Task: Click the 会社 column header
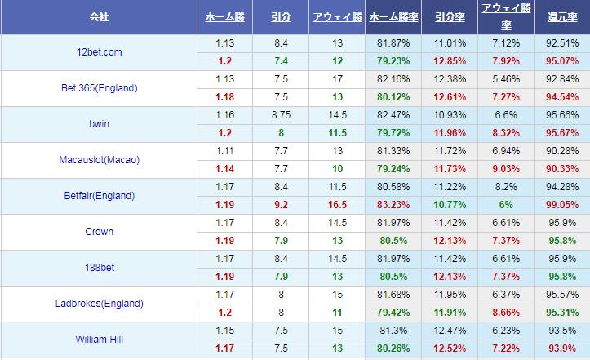point(100,17)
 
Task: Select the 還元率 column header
point(561,17)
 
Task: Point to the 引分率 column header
point(450,17)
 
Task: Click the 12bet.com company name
point(98,52)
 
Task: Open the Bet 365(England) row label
point(100,88)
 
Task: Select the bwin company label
point(100,124)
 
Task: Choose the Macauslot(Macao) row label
point(100,160)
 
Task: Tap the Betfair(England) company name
point(100,196)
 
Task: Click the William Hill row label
point(100,339)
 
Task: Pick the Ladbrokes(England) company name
point(100,304)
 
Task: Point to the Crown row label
point(100,232)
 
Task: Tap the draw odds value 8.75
point(282,115)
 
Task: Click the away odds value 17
point(338,79)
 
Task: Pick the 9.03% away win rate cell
point(506,169)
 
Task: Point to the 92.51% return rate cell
point(561,43)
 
